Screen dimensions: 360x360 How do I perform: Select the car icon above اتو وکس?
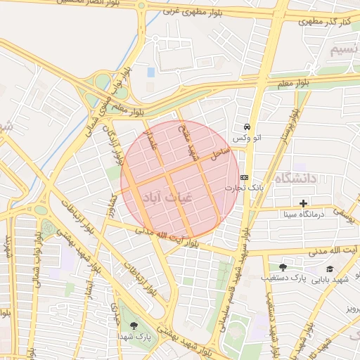(247, 127)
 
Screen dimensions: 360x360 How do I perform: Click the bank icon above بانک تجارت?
(244, 177)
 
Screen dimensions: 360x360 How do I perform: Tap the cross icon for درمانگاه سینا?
(304, 203)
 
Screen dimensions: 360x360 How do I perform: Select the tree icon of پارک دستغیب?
(283, 267)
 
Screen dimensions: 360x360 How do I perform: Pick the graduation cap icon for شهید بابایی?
(330, 269)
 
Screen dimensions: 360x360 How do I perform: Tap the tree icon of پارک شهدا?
(134, 325)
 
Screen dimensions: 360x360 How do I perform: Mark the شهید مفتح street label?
(185, 141)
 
